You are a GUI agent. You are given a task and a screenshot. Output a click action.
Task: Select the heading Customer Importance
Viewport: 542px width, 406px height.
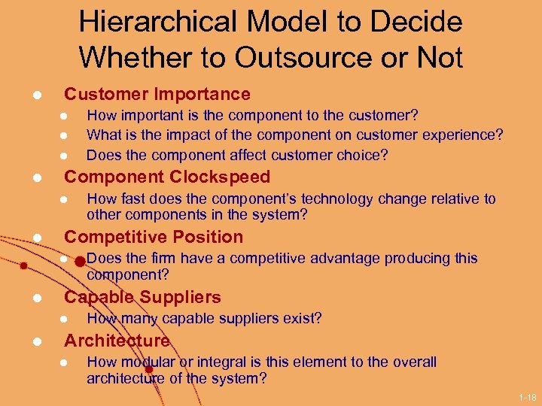[157, 94]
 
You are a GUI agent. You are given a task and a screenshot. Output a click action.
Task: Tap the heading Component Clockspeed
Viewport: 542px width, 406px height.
[166, 177]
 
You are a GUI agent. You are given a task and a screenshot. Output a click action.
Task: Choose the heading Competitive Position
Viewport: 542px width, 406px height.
[154, 237]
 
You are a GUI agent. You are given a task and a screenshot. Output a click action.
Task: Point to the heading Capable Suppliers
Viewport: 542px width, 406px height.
[142, 297]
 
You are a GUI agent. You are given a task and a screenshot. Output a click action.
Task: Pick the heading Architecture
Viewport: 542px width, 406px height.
[117, 341]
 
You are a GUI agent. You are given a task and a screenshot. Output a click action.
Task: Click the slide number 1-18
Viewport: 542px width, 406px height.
[528, 396]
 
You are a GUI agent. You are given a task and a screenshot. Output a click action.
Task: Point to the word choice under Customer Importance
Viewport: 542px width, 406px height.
[364, 156]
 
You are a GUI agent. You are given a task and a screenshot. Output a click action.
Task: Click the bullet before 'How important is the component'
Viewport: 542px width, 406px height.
[64, 116]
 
